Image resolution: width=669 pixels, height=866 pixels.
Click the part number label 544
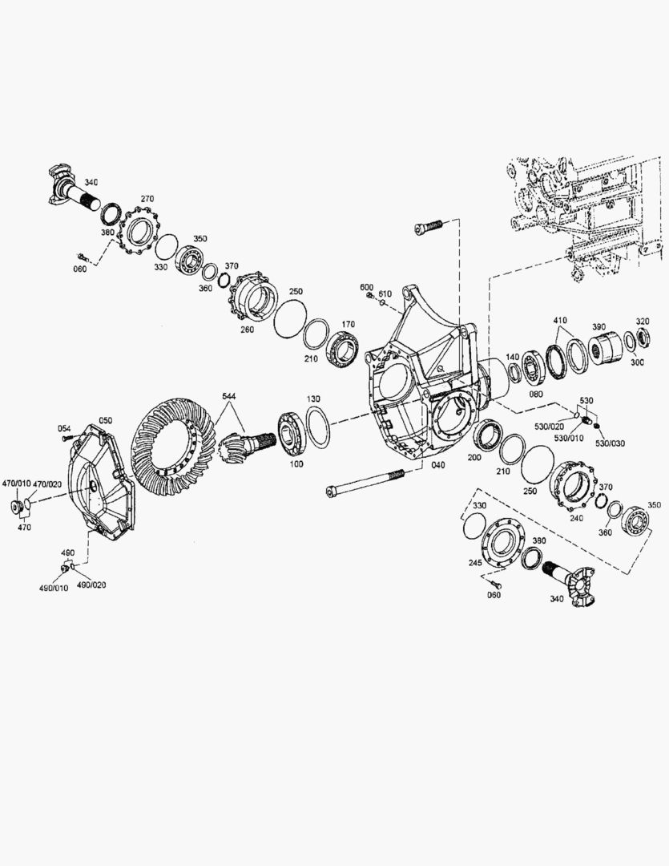click(x=229, y=396)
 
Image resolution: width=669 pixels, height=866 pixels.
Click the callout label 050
click(x=105, y=420)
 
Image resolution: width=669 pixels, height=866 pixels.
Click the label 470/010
click(x=17, y=484)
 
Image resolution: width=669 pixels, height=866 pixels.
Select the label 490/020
click(x=91, y=585)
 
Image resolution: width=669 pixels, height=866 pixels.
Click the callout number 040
click(x=438, y=465)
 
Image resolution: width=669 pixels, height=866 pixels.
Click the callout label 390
click(x=598, y=327)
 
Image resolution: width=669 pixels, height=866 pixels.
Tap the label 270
click(x=147, y=199)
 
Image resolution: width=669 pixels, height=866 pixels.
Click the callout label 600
click(x=367, y=287)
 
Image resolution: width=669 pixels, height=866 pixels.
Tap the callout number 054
click(x=65, y=430)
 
